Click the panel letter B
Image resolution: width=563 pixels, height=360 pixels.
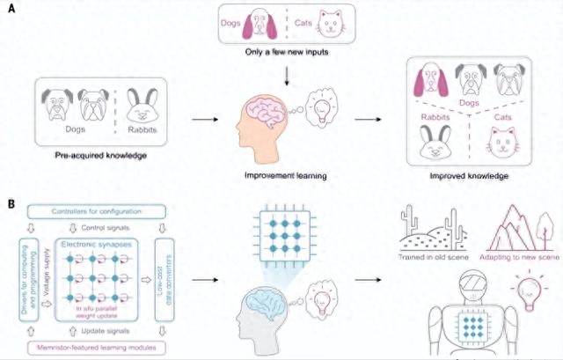pyautogui.click(x=11, y=203)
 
